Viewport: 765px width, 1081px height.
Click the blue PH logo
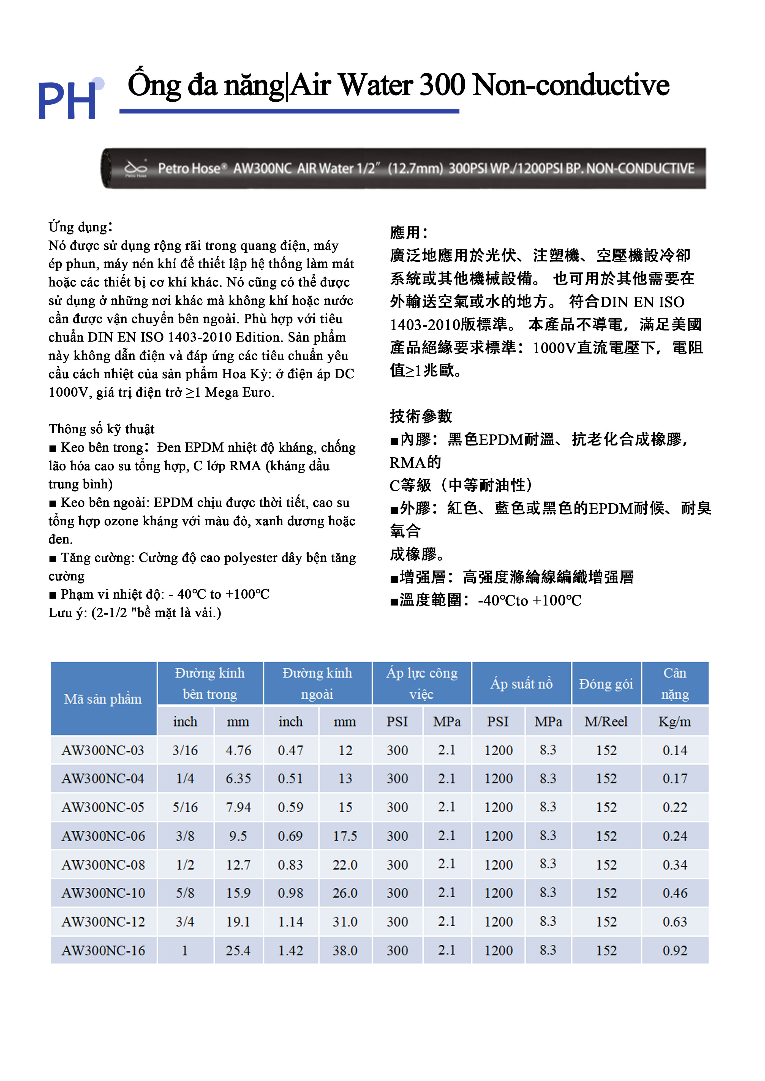click(x=68, y=100)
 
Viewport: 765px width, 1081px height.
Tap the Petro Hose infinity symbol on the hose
click(x=136, y=168)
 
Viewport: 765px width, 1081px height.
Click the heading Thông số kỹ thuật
click(x=101, y=429)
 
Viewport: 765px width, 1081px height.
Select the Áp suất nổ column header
click(x=521, y=683)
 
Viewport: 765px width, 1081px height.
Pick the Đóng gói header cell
click(x=606, y=683)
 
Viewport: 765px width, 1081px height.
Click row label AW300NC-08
click(x=103, y=865)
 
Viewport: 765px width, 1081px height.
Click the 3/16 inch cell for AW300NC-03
click(x=185, y=750)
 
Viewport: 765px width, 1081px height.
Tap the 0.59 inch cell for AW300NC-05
click(x=290, y=807)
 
